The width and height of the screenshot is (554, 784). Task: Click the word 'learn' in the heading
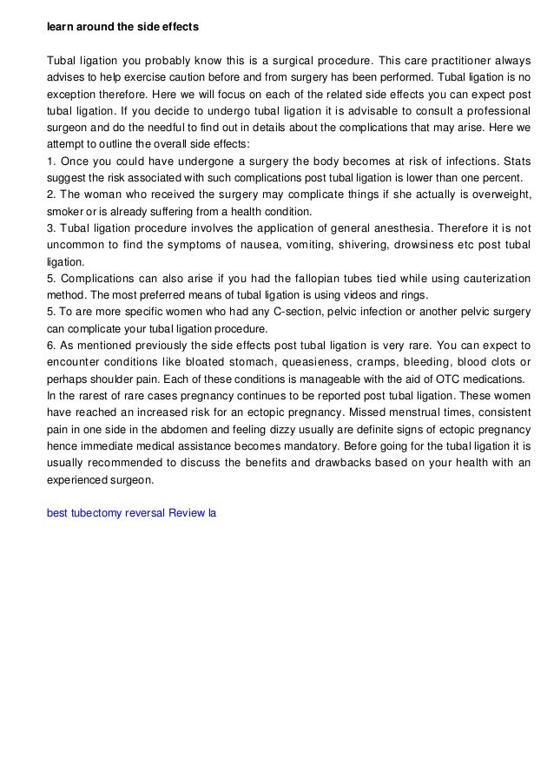click(x=60, y=28)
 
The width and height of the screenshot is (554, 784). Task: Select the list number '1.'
click(x=51, y=161)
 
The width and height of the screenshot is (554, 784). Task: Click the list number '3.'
click(x=51, y=228)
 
